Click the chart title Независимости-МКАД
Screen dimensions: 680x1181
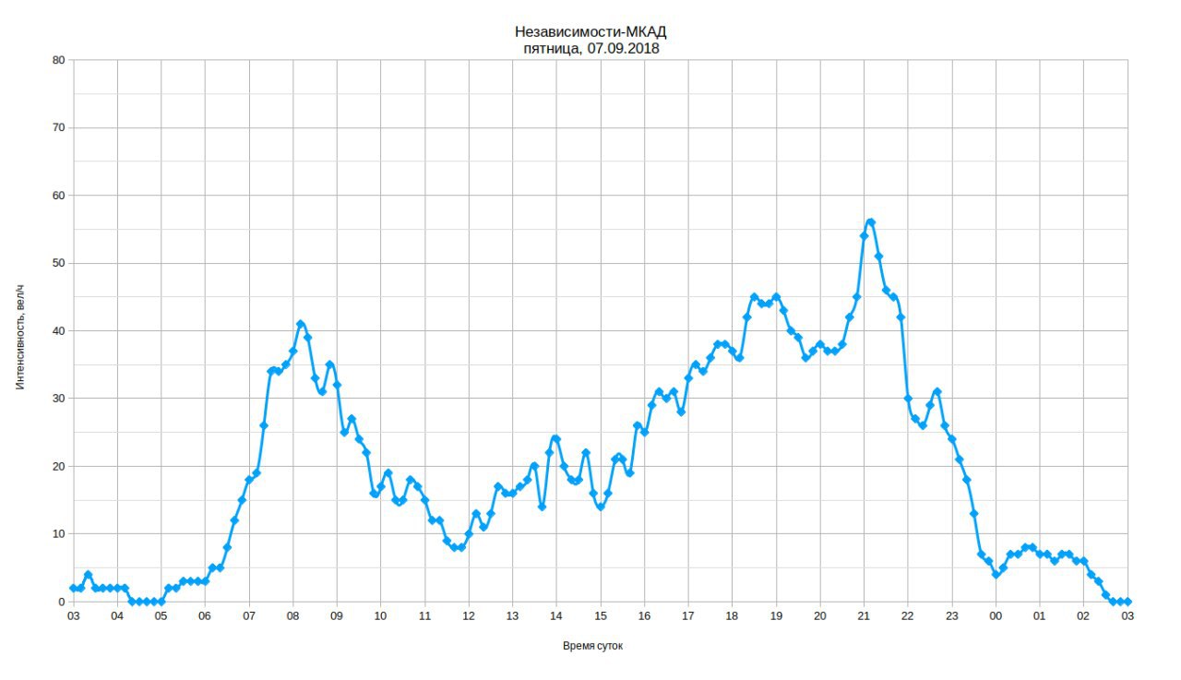click(x=590, y=32)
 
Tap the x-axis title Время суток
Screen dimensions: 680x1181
click(x=592, y=646)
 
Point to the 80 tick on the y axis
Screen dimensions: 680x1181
click(x=58, y=60)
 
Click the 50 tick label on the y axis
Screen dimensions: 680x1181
click(x=58, y=263)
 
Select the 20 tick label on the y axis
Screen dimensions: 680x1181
click(x=58, y=466)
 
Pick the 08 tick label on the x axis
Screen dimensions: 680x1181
click(x=292, y=616)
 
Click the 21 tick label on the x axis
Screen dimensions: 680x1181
click(x=864, y=616)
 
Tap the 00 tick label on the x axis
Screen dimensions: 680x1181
click(x=996, y=616)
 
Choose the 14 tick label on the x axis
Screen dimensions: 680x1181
click(x=556, y=616)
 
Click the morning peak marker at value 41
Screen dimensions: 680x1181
click(x=301, y=324)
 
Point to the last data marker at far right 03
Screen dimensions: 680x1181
click(x=1127, y=602)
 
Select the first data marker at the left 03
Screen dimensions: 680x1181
click(x=73, y=588)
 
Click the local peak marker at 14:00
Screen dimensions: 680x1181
click(x=556, y=439)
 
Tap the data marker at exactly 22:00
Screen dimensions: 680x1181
click(x=908, y=399)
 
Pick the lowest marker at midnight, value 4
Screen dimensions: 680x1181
click(x=996, y=574)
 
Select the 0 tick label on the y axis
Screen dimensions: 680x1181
click(x=62, y=602)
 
